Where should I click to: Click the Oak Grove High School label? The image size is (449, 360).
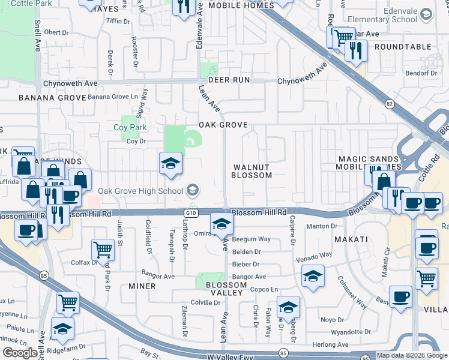[x=142, y=191]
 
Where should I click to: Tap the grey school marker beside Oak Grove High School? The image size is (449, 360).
[x=193, y=191]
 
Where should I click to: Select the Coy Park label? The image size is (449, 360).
[x=130, y=127]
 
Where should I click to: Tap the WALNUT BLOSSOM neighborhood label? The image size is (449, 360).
[x=252, y=171]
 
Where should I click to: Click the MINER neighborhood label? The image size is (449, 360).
[x=142, y=286]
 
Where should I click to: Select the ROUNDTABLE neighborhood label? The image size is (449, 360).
[x=402, y=47]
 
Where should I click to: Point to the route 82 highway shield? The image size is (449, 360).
[x=390, y=104]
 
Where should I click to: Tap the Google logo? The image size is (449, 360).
[x=20, y=353]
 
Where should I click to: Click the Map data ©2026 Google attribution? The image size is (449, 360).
[x=412, y=355]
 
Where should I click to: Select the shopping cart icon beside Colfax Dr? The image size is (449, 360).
[x=103, y=250]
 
